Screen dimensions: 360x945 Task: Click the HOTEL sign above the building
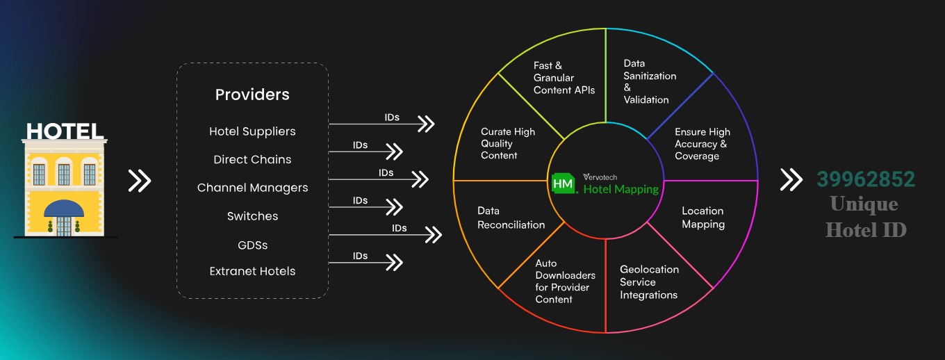(65, 131)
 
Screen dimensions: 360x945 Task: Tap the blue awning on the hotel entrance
(63, 208)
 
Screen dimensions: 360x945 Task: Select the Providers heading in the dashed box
(252, 95)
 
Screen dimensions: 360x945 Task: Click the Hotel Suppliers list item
(252, 131)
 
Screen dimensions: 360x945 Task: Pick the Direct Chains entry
(252, 159)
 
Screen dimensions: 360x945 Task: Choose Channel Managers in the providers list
(252, 188)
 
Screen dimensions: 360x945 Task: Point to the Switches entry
(252, 216)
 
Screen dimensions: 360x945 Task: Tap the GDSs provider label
(252, 245)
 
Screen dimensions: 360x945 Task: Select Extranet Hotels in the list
(252, 271)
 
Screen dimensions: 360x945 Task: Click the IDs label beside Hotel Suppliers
(392, 117)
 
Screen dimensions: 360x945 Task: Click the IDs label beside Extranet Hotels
(360, 256)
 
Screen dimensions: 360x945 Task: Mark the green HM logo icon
(563, 183)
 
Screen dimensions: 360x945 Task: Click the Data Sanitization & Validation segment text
(649, 81)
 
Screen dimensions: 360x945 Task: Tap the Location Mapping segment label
(702, 218)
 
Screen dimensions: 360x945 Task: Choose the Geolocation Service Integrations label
(649, 281)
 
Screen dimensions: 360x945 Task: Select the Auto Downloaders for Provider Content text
(562, 281)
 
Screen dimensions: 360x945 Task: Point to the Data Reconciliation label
(511, 218)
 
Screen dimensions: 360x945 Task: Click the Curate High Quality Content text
(508, 143)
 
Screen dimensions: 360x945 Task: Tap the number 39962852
(866, 179)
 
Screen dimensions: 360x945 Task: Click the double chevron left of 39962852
(791, 179)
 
